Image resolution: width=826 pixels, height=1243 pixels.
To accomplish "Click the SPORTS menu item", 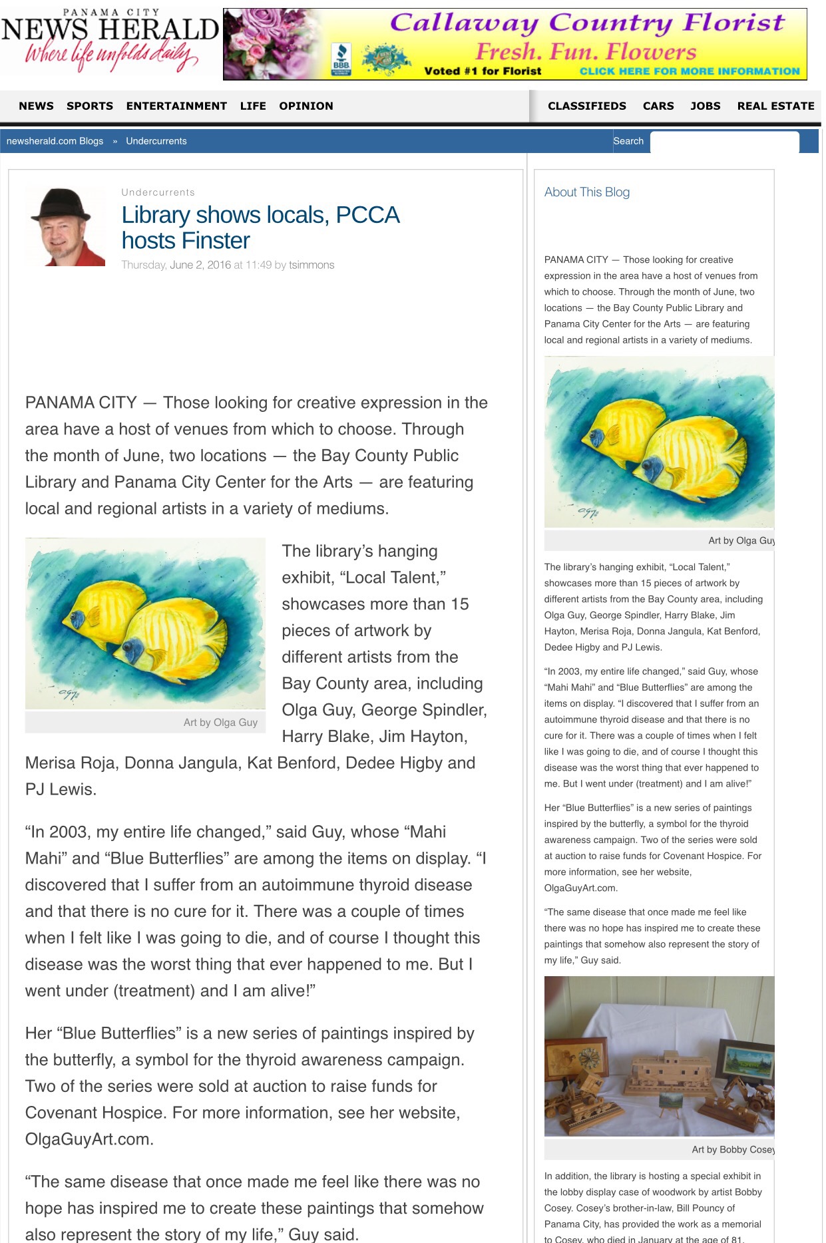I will [89, 106].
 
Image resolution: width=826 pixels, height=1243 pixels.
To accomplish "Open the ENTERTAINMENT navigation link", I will [176, 106].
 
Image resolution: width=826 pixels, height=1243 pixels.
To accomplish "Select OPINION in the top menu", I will [306, 106].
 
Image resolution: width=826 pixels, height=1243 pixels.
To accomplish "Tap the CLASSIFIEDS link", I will [586, 106].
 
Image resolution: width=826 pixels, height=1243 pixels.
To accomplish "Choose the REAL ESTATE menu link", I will [775, 106].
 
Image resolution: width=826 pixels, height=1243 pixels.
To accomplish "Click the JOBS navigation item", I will [705, 106].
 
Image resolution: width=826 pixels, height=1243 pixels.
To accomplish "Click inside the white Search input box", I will [723, 142].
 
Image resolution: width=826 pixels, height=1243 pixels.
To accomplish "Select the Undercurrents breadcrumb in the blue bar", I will [156, 141].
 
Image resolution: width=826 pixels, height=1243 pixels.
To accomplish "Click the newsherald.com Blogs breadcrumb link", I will [55, 141].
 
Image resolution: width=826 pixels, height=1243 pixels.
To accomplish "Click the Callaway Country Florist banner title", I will [586, 23].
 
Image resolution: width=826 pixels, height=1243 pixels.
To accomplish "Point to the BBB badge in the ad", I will [341, 59].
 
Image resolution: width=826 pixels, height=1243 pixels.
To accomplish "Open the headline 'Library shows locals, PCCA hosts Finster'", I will [260, 228].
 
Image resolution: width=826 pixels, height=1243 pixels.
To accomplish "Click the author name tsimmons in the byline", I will [311, 265].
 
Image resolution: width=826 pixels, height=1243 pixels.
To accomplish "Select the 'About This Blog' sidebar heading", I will [586, 192].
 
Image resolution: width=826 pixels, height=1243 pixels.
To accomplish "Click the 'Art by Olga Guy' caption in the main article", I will [220, 723].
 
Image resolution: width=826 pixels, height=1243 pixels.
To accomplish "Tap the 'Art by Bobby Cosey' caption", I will [732, 1149].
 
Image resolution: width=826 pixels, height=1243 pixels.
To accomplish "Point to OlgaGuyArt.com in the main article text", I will [89, 1139].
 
